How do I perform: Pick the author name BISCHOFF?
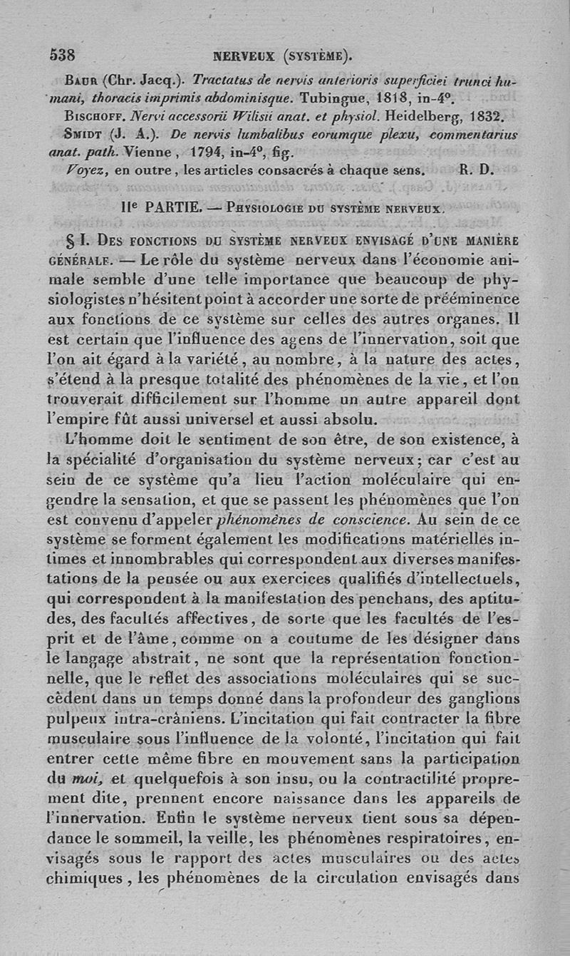(x=90, y=115)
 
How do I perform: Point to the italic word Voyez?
(x=84, y=170)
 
